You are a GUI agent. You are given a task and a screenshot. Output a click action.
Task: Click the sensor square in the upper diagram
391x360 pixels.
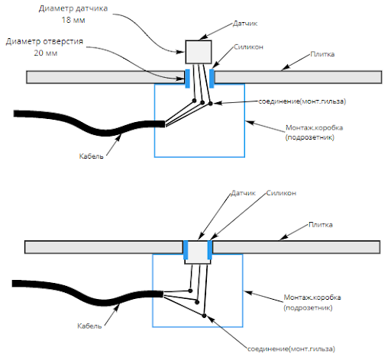pyautogui.click(x=199, y=52)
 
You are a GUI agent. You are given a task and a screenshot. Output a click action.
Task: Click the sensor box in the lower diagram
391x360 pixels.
pyautogui.click(x=198, y=252)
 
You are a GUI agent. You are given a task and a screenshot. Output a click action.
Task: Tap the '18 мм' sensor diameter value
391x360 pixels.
pyautogui.click(x=73, y=20)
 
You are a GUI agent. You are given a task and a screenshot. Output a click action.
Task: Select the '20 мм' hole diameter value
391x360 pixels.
pyautogui.click(x=46, y=53)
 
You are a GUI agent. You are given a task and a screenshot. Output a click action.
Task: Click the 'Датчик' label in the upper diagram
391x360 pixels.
pyautogui.click(x=245, y=24)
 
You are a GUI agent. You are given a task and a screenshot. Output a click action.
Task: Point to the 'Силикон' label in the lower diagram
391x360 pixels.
pyautogui.click(x=281, y=193)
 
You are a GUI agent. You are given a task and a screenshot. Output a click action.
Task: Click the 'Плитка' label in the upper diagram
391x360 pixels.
pyautogui.click(x=322, y=54)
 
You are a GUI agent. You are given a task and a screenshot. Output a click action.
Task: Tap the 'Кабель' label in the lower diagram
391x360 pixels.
pyautogui.click(x=89, y=326)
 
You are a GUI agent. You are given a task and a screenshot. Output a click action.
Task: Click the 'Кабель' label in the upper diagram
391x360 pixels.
pyautogui.click(x=92, y=156)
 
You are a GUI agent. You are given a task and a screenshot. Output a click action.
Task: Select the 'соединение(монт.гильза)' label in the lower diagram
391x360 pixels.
pyautogui.click(x=291, y=349)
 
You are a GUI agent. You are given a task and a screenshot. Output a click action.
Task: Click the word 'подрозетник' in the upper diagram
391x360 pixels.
pyautogui.click(x=309, y=137)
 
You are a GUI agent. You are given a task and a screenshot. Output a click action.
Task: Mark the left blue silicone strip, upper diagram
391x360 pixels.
pyautogui.click(x=187, y=79)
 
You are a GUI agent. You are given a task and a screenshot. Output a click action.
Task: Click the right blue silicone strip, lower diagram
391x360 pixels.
pyautogui.click(x=210, y=249)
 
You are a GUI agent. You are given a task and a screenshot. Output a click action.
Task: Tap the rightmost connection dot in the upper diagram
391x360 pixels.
pyautogui.click(x=211, y=104)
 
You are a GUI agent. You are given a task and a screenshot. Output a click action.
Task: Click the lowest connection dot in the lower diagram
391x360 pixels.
pyautogui.click(x=204, y=316)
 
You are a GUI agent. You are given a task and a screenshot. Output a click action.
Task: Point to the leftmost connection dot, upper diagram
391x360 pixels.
pyautogui.click(x=194, y=101)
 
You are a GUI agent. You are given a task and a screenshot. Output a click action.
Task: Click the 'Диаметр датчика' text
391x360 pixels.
pyautogui.click(x=73, y=8)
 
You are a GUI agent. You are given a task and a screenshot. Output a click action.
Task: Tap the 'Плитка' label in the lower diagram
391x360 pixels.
pyautogui.click(x=321, y=225)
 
